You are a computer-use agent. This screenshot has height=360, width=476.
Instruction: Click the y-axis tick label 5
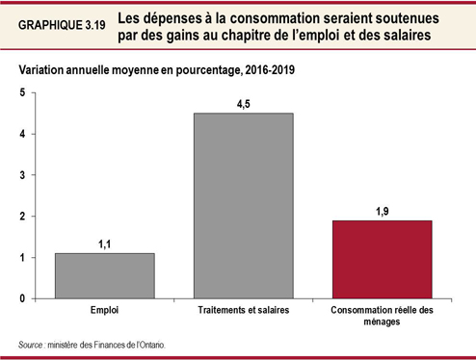point(23,92)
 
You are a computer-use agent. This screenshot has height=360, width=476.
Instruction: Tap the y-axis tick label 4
point(23,134)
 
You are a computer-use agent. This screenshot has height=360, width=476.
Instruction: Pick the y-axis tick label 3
point(23,175)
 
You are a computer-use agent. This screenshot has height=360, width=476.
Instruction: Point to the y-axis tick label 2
point(23,217)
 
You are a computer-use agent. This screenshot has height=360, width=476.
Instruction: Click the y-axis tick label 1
point(23,258)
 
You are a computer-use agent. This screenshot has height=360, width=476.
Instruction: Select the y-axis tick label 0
point(23,299)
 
